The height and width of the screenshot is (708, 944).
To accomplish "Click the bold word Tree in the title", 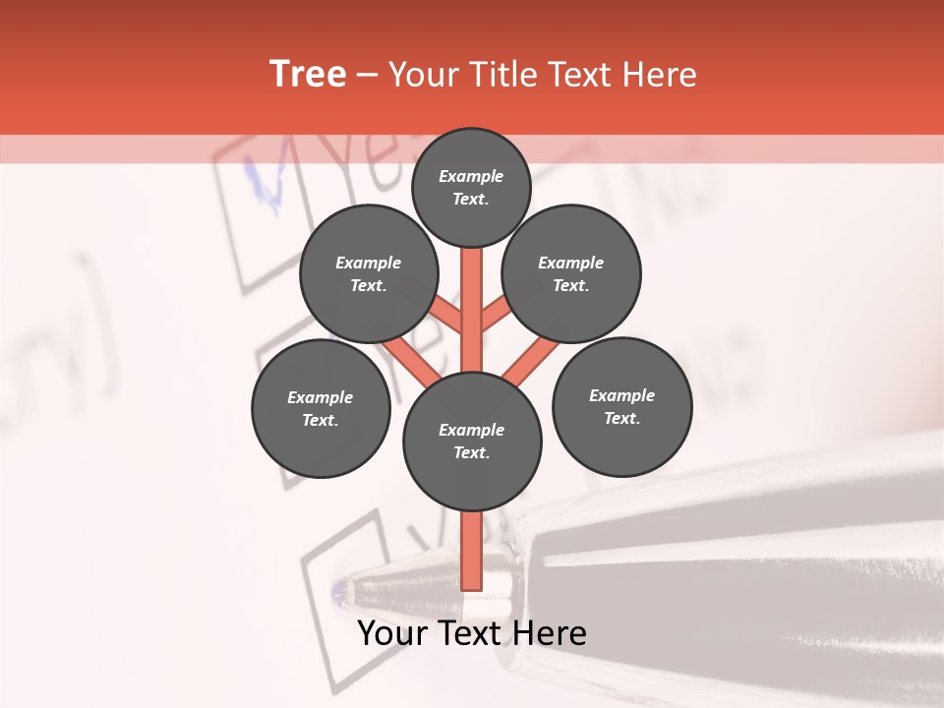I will pyautogui.click(x=308, y=75).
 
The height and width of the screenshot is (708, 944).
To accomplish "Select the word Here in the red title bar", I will pyautogui.click(x=659, y=75).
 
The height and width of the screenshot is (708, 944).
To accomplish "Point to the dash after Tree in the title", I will pyautogui.click(x=367, y=76).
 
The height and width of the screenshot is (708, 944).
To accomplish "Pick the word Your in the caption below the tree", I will pyautogui.click(x=391, y=633).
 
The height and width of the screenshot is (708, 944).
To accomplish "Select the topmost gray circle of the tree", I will pyautogui.click(x=471, y=187).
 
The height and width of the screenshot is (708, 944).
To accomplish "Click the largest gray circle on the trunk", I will pyautogui.click(x=472, y=442).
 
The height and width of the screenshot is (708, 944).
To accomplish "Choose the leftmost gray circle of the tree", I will pyautogui.click(x=321, y=408).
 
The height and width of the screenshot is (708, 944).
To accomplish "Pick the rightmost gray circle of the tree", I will pyautogui.click(x=621, y=406).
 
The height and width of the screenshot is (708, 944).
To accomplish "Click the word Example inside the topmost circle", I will pyautogui.click(x=471, y=176).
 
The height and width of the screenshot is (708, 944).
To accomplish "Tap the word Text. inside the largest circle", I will pyautogui.click(x=471, y=453).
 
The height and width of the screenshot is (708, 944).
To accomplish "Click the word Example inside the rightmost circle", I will pyautogui.click(x=621, y=395).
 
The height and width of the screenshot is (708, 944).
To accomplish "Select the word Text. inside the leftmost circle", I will pyautogui.click(x=320, y=420).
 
